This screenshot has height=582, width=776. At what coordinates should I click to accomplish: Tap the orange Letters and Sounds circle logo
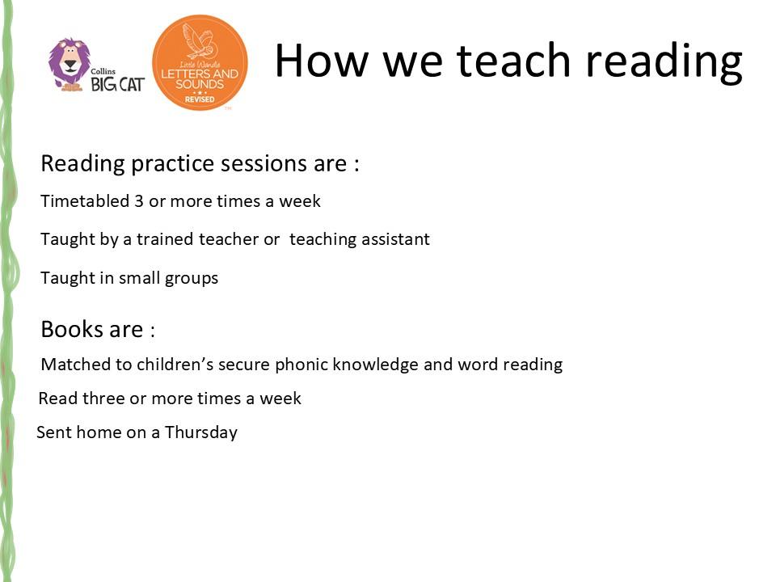(200, 62)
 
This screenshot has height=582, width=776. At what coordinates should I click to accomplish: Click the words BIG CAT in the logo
(118, 85)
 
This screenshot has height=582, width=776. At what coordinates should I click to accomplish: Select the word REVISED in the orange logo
(200, 99)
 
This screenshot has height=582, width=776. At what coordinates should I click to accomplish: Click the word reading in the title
(664, 62)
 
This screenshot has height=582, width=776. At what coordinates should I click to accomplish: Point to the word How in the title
(322, 61)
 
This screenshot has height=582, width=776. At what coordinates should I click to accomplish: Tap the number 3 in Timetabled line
(139, 201)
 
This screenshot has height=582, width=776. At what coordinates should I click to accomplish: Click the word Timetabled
(85, 201)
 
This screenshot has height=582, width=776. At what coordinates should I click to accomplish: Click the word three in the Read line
(103, 398)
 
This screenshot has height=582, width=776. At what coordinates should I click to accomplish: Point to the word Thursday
(201, 432)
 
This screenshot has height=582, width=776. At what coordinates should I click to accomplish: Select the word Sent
(54, 432)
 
